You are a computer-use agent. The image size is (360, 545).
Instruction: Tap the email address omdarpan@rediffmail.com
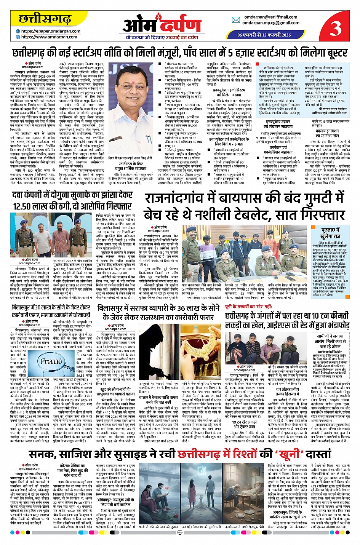tap(271, 17)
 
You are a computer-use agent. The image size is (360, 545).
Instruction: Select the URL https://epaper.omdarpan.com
tap(51, 31)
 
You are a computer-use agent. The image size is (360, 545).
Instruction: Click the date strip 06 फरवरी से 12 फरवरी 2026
tap(264, 35)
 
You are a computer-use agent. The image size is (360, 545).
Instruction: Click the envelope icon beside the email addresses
tap(239, 20)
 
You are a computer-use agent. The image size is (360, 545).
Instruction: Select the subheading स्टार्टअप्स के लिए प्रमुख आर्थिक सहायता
tap(131, 166)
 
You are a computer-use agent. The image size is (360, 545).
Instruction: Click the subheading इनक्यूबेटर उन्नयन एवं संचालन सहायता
tap(278, 124)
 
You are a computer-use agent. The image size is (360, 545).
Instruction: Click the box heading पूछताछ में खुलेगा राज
tap(330, 233)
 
